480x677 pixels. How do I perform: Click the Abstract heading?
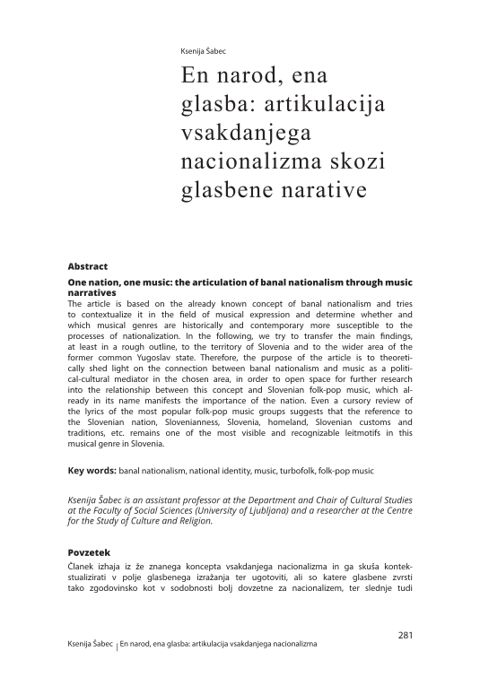click(88, 267)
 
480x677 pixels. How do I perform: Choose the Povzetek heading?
click(91, 552)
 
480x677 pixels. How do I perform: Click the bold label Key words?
click(92, 470)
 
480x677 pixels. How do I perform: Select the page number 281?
click(404, 636)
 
